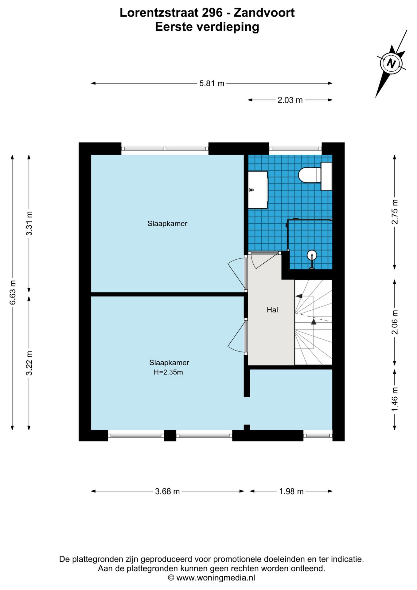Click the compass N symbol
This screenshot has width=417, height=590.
[391, 63]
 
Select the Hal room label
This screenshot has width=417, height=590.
[272, 310]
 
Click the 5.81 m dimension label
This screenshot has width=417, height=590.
[212, 83]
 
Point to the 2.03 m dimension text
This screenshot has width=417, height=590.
[290, 100]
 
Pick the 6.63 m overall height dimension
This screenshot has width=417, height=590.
[13, 292]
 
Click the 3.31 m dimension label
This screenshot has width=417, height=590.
[29, 223]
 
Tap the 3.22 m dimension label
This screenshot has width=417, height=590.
[29, 363]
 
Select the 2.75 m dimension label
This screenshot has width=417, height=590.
[395, 212]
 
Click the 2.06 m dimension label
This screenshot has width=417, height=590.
[395, 322]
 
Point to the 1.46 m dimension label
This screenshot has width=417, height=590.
[395, 399]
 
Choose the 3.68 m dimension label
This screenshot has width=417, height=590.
[167, 491]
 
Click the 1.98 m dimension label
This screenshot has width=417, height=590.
[291, 491]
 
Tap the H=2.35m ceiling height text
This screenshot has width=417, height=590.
[168, 372]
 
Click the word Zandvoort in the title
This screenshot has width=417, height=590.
[264, 13]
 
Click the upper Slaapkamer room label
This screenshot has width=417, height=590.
[167, 223]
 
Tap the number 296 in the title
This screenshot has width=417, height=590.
[212, 13]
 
